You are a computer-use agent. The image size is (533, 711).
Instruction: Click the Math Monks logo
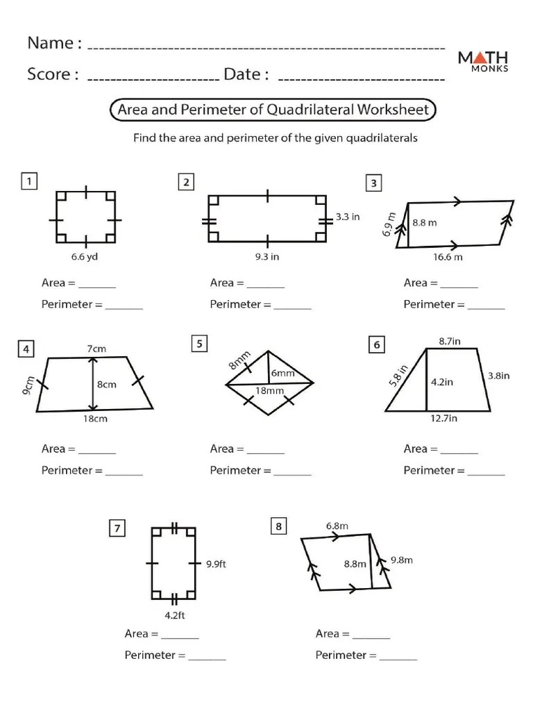coord(483,60)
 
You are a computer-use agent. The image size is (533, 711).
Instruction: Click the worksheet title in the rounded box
coord(273,110)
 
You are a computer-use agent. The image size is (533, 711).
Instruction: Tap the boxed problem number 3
coord(374,183)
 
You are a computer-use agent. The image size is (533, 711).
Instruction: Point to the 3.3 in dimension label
coord(348,217)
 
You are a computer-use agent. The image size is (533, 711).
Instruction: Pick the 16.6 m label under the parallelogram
coord(448,257)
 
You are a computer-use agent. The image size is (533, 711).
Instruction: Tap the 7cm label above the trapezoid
coord(96,349)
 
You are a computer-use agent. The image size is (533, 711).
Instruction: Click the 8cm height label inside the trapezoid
coord(106,384)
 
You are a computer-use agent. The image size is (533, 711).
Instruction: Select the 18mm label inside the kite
coord(269,390)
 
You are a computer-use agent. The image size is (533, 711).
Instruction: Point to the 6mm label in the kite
coord(282,373)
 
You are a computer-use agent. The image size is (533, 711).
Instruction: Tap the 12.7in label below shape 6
coord(444,419)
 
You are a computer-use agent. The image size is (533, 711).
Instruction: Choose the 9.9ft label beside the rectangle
coord(216,564)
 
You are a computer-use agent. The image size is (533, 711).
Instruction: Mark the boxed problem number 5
coord(199,344)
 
